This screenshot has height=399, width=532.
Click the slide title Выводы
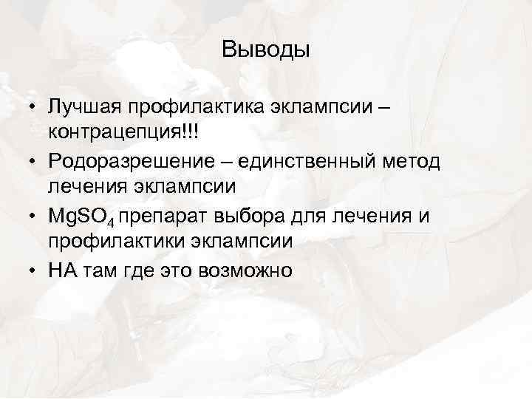click(265, 51)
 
